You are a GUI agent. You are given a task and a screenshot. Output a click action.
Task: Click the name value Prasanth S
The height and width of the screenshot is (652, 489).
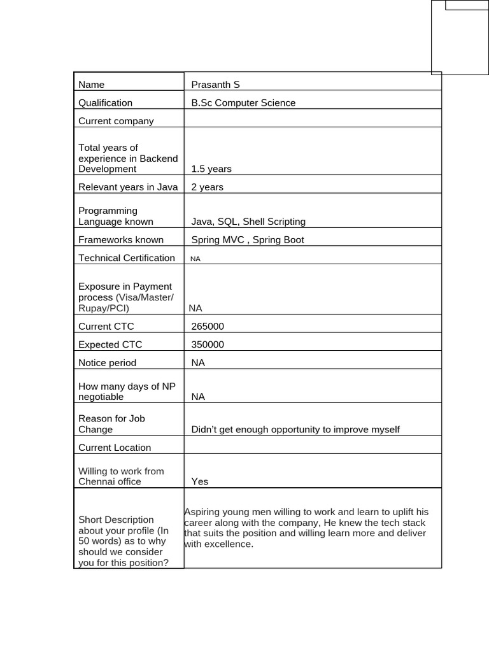click(x=215, y=85)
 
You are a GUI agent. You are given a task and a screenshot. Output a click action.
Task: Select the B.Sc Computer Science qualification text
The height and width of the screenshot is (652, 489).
click(x=243, y=103)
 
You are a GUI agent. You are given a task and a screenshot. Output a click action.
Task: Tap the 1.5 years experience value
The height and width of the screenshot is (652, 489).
click(x=211, y=169)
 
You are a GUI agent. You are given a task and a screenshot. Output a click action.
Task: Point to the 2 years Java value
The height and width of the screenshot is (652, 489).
click(x=208, y=187)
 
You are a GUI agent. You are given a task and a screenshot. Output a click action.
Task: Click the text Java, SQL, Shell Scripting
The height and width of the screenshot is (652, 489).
click(x=248, y=222)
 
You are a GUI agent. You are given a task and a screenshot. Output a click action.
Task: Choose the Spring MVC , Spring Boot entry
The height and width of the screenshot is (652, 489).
click(x=248, y=240)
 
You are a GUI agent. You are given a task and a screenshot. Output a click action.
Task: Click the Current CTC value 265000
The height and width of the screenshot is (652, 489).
click(x=208, y=327)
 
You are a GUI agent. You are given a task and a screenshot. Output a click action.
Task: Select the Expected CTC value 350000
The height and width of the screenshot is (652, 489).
click(x=208, y=344)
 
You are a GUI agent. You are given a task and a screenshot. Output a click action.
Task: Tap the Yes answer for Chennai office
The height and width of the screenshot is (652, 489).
click(x=200, y=482)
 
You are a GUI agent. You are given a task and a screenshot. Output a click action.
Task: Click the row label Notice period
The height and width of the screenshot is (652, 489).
click(x=107, y=363)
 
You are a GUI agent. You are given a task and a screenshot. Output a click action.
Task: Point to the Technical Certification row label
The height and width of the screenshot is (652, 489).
click(x=126, y=258)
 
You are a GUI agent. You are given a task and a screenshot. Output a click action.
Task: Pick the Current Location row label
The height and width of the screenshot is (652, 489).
click(x=115, y=448)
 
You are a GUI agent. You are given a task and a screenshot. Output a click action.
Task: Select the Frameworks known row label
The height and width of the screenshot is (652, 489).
click(x=121, y=240)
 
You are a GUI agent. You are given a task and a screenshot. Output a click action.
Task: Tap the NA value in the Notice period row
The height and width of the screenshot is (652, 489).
click(x=199, y=363)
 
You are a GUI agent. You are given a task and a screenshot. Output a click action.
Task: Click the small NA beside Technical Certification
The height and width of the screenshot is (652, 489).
click(x=195, y=259)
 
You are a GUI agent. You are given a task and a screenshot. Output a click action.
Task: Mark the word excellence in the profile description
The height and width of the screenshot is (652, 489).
click(x=231, y=544)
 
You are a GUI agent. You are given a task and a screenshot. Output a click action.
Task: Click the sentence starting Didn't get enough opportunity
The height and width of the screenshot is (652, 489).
click(x=295, y=430)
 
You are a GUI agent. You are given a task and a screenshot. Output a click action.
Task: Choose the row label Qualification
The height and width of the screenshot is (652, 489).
click(x=105, y=103)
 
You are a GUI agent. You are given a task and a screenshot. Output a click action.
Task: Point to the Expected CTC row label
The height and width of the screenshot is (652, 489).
click(x=110, y=344)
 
